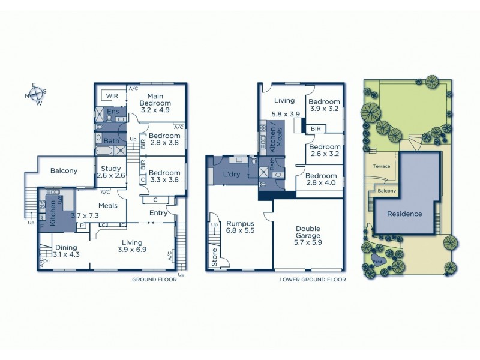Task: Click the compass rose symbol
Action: tap(35, 94)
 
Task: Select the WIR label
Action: tap(112, 96)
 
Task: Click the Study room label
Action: tap(111, 172)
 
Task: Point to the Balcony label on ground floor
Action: tap(64, 171)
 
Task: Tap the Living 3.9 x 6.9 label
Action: tap(132, 245)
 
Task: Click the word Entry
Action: tap(159, 213)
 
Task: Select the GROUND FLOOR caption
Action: tap(154, 280)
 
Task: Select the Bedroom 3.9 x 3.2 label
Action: tap(324, 106)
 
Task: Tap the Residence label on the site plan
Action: tap(404, 214)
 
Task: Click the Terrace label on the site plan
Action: tap(382, 166)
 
